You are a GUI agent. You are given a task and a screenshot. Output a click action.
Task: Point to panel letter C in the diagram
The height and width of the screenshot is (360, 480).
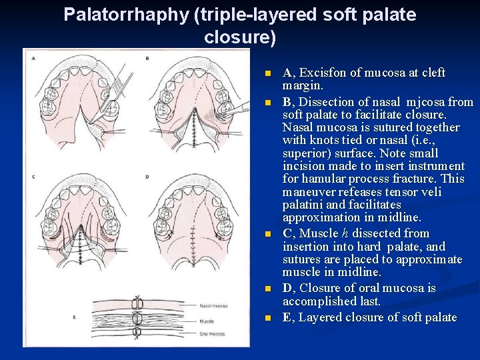pyautogui.click(x=33, y=177)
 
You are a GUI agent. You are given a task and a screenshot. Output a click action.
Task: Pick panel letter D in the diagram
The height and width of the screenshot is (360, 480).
pyautogui.click(x=147, y=177)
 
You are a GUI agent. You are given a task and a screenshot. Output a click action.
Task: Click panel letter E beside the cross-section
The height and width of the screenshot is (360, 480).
pyautogui.click(x=74, y=317)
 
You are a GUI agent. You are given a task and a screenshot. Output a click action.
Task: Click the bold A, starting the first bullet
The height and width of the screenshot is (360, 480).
pyautogui.click(x=289, y=73)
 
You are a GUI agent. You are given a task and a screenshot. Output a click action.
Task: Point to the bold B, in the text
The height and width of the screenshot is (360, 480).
pyautogui.click(x=289, y=102)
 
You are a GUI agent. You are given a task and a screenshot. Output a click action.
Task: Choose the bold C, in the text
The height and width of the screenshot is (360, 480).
pyautogui.click(x=289, y=233)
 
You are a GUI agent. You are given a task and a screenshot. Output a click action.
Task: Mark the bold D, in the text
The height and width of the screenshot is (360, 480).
pyautogui.click(x=289, y=288)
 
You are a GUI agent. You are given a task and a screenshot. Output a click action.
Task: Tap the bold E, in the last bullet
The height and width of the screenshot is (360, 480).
pyautogui.click(x=289, y=317)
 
